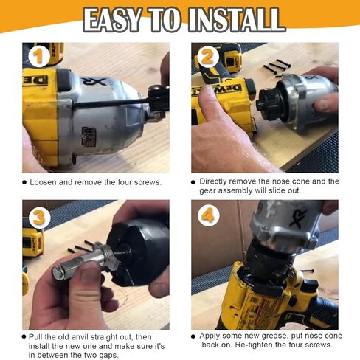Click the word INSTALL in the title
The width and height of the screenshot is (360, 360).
point(236,19)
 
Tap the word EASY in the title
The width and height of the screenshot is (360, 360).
point(114,19)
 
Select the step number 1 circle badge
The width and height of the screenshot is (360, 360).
point(38,57)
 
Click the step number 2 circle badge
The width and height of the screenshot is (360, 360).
point(208,57)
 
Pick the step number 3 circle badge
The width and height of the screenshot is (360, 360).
point(39,217)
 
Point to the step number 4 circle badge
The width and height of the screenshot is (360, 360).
point(208,216)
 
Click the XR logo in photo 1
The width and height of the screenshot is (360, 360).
point(94,81)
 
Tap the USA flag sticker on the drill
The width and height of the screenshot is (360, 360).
point(89,135)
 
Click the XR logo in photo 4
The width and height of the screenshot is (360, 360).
point(297,217)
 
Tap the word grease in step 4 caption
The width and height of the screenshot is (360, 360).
point(275,336)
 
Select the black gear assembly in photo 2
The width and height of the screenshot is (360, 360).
point(269,103)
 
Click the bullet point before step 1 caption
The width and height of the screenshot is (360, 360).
point(24,182)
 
